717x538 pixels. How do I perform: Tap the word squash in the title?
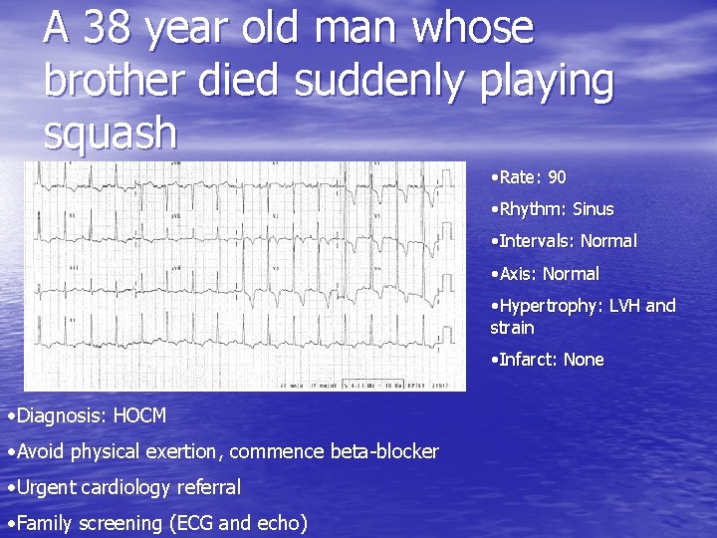pyautogui.click(x=110, y=134)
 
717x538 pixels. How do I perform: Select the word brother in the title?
pyautogui.click(x=113, y=82)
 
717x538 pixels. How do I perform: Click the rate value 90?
pyautogui.click(x=557, y=177)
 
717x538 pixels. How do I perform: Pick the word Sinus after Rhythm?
pyautogui.click(x=593, y=209)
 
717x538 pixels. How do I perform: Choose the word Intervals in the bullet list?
pyautogui.click(x=534, y=241)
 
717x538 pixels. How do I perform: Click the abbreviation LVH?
pyautogui.click(x=622, y=306)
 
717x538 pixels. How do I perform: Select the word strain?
pyautogui.click(x=512, y=328)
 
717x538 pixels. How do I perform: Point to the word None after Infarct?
pyautogui.click(x=584, y=360)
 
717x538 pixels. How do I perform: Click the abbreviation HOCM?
pyautogui.click(x=139, y=414)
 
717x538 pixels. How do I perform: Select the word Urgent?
pyautogui.click(x=45, y=487)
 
